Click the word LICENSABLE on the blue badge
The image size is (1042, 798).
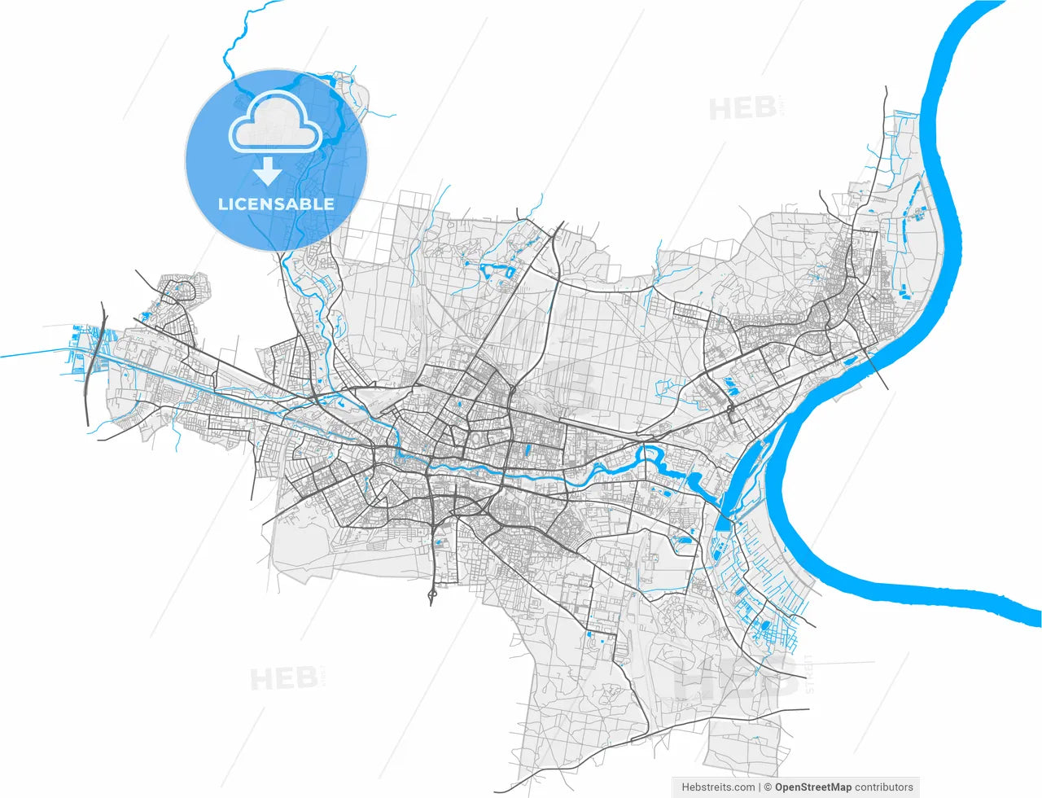point(276,204)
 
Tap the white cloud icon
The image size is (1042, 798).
point(275,122)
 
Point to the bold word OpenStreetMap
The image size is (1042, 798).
point(813,787)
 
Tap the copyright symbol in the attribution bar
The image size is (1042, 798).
point(768,787)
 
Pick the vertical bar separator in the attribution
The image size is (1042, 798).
point(760,787)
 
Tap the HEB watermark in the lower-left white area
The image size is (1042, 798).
point(282,678)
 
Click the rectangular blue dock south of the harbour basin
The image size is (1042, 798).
point(723,521)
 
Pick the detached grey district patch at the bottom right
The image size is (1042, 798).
point(737,745)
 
